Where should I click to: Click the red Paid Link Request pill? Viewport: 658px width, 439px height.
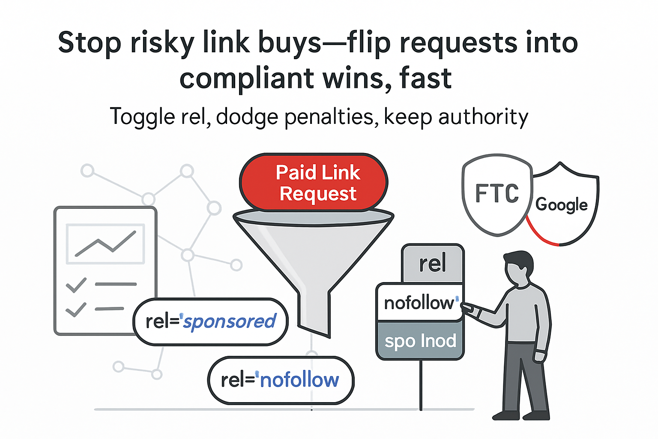(314, 183)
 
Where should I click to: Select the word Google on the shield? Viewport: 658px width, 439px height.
(561, 205)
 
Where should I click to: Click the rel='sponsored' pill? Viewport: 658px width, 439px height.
(210, 322)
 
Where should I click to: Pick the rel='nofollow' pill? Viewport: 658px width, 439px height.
(281, 380)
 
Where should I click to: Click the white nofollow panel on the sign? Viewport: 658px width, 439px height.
(419, 303)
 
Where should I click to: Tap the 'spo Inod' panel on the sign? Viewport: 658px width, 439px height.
(420, 341)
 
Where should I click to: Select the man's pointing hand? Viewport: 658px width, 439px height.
(467, 308)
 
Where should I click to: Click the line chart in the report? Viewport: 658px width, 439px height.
(105, 244)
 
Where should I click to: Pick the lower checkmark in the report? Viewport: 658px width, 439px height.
(76, 309)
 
